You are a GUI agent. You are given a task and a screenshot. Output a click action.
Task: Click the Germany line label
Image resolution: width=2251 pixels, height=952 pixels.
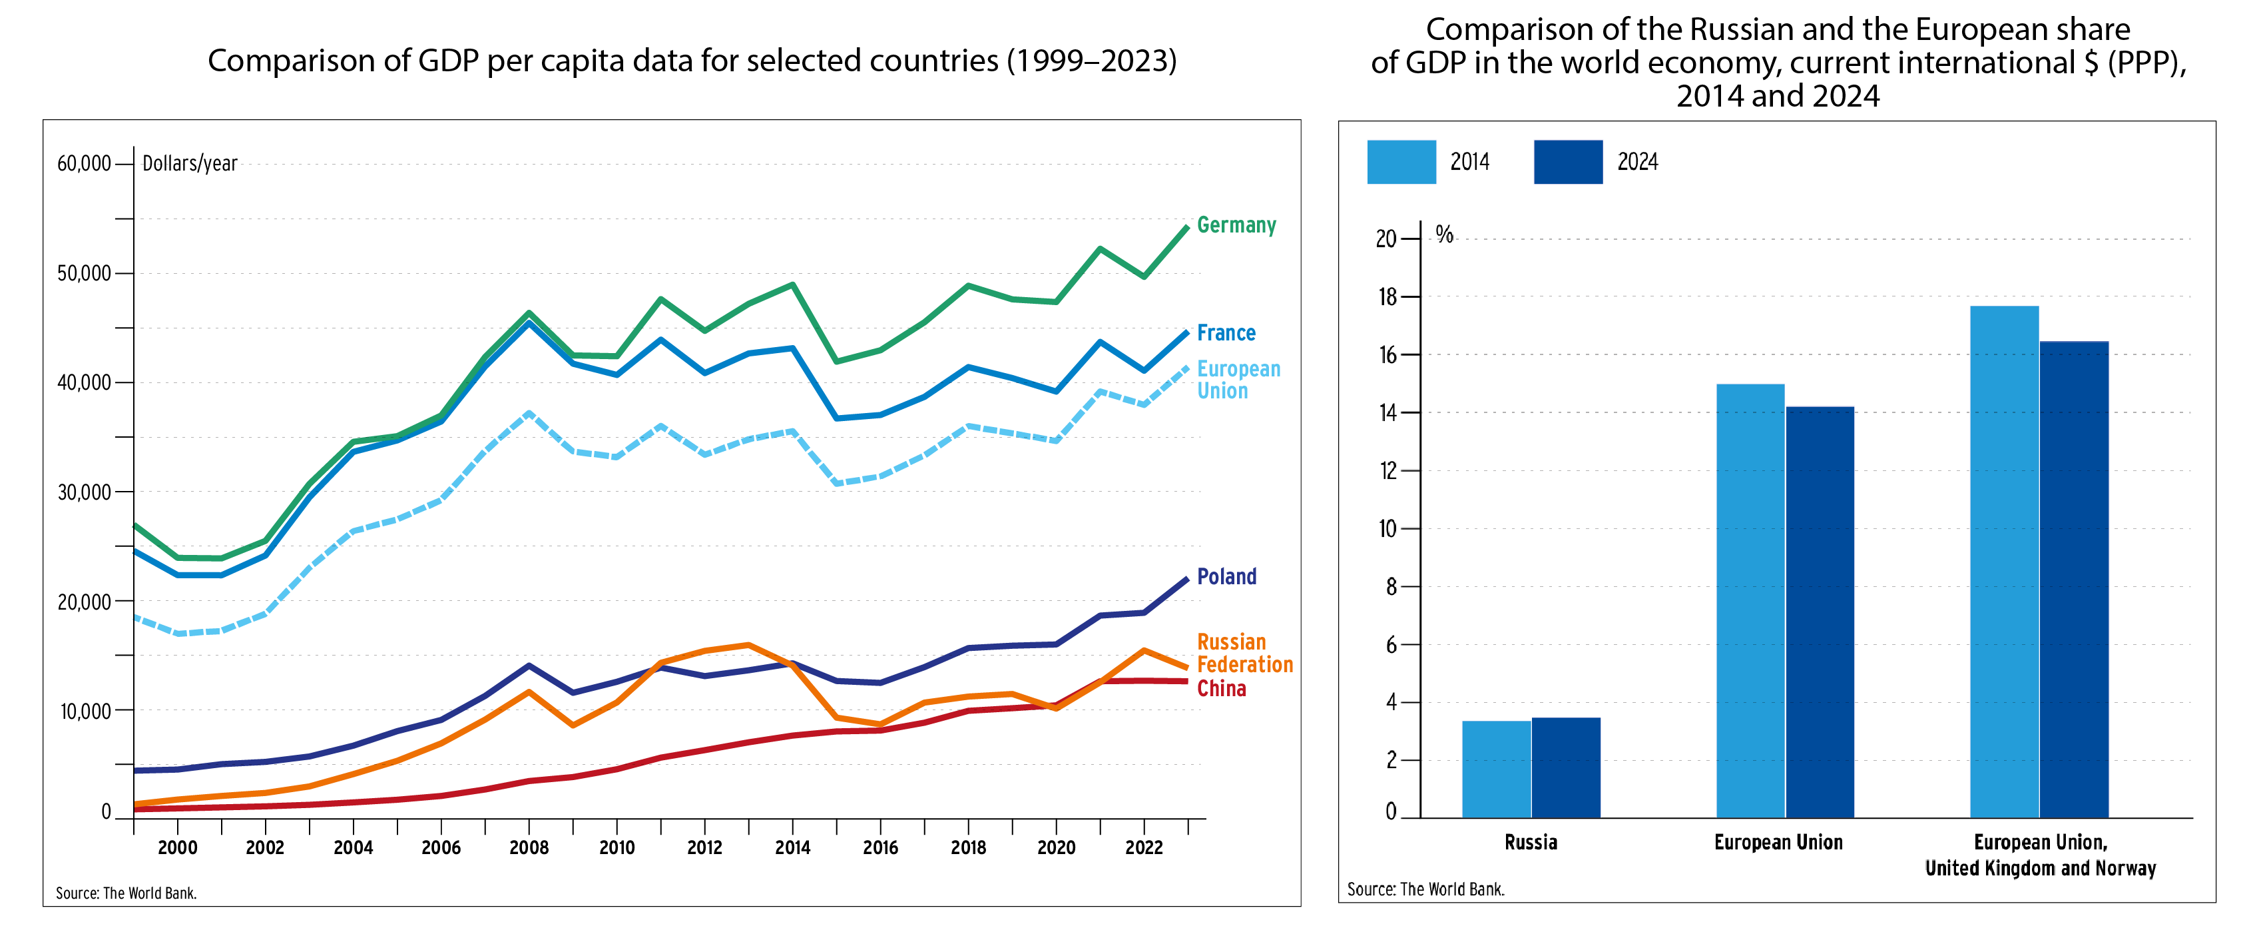coord(1236,226)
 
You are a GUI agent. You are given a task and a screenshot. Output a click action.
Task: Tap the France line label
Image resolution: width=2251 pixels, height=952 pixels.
coord(1225,333)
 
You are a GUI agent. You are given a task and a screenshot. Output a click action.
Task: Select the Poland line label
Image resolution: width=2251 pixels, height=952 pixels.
coord(1226,577)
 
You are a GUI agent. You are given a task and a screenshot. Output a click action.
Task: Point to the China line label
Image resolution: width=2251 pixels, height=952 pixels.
coord(1221,689)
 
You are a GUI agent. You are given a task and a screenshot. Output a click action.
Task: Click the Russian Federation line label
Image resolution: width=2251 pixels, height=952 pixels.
coord(1244,653)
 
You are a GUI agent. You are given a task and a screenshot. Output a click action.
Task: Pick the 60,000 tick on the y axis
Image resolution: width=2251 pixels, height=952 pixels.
coord(84,163)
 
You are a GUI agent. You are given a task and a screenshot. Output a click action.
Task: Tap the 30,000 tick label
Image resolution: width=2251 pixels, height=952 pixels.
coord(84,492)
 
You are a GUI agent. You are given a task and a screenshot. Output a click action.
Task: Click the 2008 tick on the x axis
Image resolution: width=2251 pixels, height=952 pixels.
coord(529,847)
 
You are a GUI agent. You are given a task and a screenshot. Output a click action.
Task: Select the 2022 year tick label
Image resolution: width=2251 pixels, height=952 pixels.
coord(1143,847)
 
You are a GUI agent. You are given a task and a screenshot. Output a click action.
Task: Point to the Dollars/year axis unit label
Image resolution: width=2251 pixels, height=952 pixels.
coord(190,163)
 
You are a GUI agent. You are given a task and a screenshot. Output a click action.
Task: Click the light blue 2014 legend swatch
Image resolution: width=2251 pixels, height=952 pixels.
coord(1401,162)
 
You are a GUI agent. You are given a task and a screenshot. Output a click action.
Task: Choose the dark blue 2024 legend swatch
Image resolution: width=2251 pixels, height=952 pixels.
coord(1568,162)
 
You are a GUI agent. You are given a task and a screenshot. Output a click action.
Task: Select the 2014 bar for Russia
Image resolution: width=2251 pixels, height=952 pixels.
coord(1496,769)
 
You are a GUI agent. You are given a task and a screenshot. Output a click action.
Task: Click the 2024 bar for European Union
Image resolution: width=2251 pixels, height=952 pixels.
coord(1820,612)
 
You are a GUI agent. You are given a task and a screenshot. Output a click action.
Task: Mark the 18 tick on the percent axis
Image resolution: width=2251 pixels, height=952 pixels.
coord(1387,297)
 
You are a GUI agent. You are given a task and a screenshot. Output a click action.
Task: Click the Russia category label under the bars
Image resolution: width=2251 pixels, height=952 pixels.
coord(1530,843)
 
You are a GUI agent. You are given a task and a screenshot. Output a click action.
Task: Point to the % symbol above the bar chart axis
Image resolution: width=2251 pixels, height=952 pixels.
coord(1445,235)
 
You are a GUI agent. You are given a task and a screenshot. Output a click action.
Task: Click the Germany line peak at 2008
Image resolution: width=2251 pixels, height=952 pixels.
coord(529,313)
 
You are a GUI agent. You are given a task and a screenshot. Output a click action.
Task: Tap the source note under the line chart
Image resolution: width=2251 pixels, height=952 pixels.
coord(126,893)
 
